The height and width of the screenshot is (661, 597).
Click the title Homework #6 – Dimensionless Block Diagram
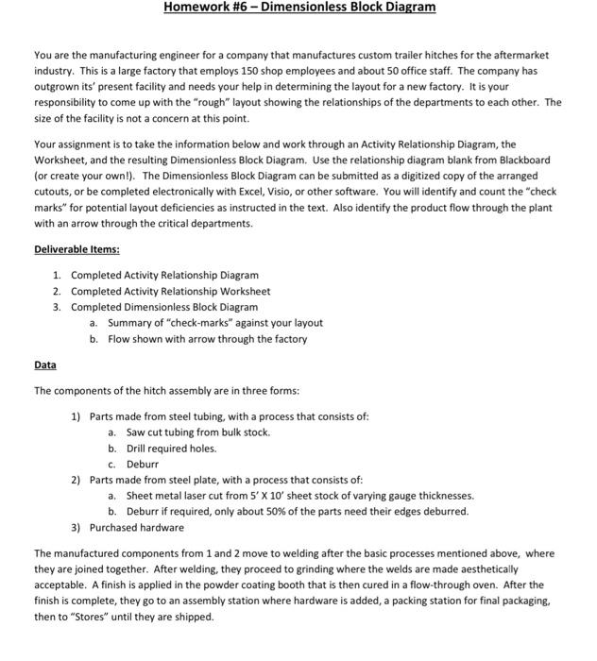point(299,8)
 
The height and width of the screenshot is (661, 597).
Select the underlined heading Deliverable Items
point(77,249)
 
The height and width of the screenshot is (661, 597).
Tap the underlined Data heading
point(44,364)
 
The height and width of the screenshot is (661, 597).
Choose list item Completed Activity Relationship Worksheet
point(170,291)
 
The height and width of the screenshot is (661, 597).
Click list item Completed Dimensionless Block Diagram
point(163,307)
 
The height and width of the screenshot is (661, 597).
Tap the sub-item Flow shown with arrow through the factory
point(207,339)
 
